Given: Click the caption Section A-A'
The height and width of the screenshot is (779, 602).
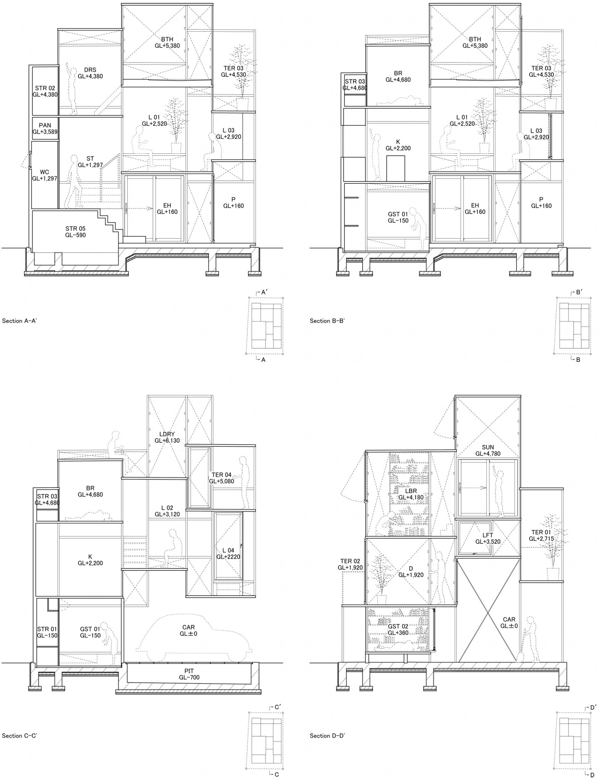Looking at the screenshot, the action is [19, 321].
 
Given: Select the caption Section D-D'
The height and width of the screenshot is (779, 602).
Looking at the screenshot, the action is [327, 735].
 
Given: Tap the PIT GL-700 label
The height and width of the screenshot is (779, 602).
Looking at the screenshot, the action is [189, 674].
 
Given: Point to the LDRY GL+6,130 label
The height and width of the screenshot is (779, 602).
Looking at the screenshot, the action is [167, 437].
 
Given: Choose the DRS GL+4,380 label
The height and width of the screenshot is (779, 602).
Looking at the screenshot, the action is [90, 73].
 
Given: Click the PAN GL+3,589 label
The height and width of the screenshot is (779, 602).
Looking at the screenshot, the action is [45, 128].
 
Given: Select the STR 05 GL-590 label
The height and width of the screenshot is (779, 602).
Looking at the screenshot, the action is [75, 232].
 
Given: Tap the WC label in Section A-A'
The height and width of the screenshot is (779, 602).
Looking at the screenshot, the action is [44, 172].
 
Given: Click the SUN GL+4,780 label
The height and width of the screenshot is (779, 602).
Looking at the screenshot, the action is [488, 450].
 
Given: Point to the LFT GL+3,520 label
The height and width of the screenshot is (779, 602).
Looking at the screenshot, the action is [488, 539].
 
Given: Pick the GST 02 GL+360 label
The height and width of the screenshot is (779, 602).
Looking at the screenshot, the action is [398, 630].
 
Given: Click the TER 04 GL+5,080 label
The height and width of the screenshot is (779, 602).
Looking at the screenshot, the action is [222, 478].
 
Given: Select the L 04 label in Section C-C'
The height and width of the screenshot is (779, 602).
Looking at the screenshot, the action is [228, 550].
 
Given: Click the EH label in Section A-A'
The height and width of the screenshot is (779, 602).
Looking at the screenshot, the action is [167, 205].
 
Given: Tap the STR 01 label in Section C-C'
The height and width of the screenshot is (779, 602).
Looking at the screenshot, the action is [47, 629].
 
